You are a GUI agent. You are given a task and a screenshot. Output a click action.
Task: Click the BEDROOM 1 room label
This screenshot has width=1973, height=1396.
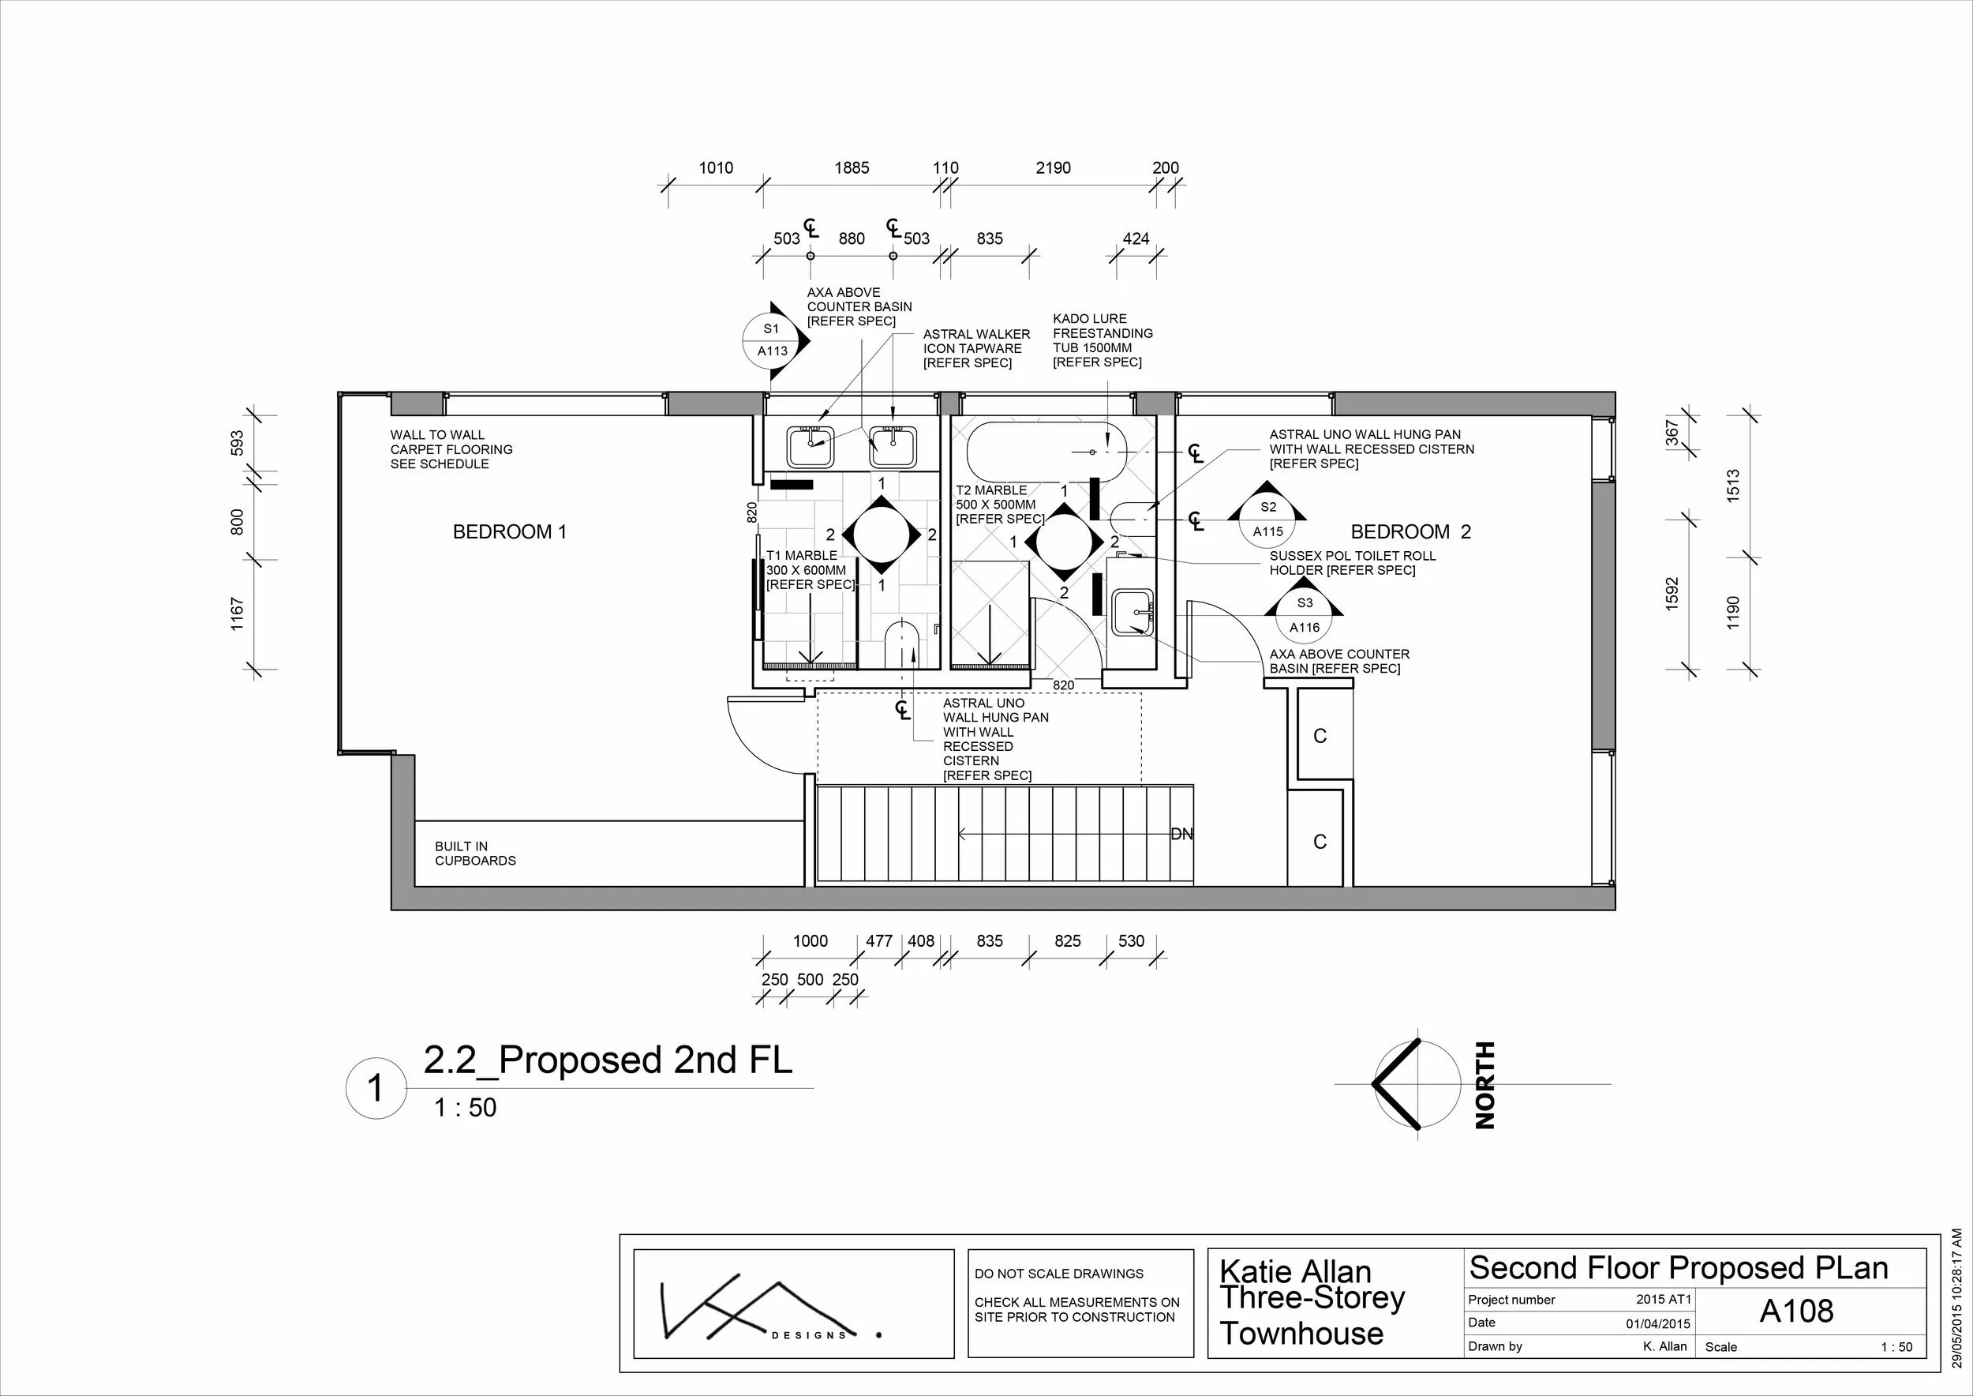coord(510,532)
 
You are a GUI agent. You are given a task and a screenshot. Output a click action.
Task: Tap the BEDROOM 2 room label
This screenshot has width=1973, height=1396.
coord(1410,532)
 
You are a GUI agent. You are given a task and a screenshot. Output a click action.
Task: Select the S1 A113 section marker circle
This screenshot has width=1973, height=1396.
coord(772,340)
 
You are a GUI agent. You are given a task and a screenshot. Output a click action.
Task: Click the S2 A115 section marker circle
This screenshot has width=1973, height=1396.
coord(1267,520)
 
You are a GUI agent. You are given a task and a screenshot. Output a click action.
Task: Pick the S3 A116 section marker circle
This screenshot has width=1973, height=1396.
coord(1304,615)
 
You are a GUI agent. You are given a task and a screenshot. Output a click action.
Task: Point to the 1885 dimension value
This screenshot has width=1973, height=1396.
coord(852,168)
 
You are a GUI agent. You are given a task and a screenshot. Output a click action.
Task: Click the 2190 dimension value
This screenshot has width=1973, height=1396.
coord(1053,168)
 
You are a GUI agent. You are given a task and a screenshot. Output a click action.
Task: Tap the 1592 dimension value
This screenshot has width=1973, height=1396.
coord(1672,594)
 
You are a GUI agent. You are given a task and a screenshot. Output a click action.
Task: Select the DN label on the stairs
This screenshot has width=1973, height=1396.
coord(1181,834)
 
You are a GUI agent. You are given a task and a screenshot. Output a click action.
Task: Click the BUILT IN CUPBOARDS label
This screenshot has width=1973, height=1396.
coord(475,854)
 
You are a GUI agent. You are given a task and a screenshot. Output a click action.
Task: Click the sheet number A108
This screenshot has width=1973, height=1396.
coord(1796,1311)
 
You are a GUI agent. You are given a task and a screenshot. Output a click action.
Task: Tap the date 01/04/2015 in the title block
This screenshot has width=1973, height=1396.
coord(1657,1324)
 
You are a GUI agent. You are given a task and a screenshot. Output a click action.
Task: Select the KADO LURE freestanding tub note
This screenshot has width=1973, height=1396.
coord(1103,340)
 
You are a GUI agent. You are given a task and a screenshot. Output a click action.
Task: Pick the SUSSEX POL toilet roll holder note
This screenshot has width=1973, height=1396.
coord(1353,563)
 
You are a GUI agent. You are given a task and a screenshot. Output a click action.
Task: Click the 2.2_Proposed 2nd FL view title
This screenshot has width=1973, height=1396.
coord(608,1060)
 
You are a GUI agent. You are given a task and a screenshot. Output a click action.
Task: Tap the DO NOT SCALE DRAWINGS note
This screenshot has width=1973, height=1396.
coord(1058,1274)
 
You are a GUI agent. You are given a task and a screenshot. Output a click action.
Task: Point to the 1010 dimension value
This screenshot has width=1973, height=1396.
coord(716,168)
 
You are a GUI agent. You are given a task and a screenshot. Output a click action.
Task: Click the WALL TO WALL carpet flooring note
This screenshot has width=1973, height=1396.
coord(451,449)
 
